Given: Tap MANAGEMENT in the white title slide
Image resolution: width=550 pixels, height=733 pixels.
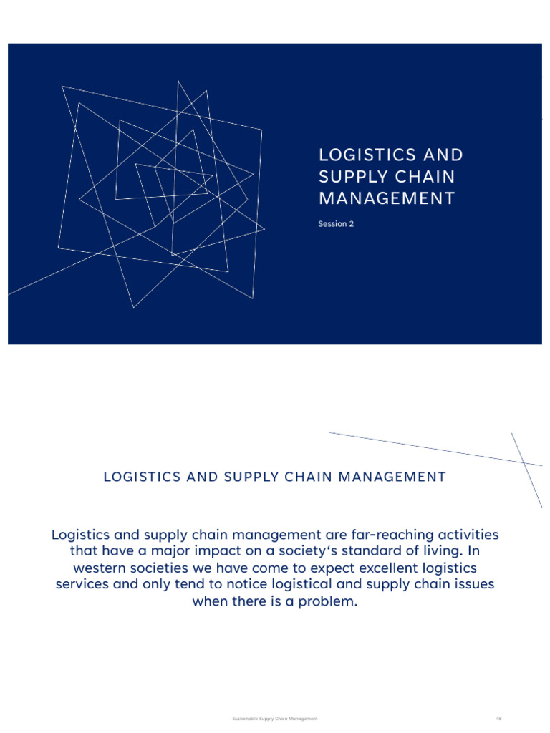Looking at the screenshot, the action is (x=387, y=198).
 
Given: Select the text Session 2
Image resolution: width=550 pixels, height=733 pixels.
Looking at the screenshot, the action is (x=336, y=224).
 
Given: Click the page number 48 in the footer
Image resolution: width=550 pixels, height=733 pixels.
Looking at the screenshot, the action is (x=499, y=718).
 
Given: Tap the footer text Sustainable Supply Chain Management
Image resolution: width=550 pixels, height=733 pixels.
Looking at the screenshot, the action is (x=275, y=718).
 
